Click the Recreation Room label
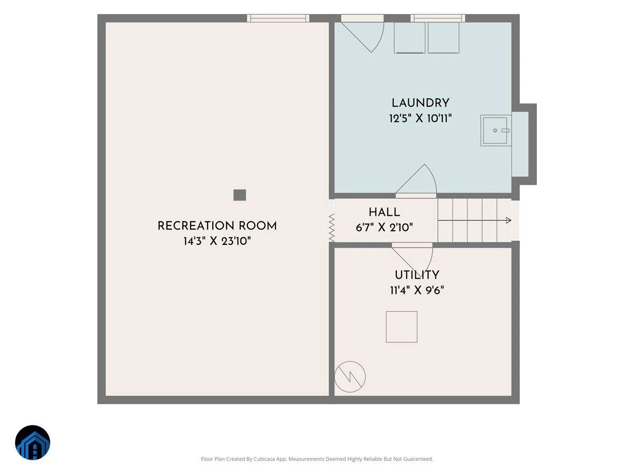(217, 226)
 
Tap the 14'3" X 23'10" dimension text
(217, 241)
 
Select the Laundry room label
(420, 103)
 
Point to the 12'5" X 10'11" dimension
(420, 118)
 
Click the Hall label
(384, 213)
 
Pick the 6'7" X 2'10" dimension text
(384, 227)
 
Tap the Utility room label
(417, 275)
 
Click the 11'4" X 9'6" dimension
(417, 290)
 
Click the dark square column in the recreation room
(239, 195)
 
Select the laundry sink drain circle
(495, 131)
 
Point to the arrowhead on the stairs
(509, 220)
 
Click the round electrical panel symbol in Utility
(350, 377)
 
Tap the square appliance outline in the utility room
(402, 327)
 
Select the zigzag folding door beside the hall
(332, 228)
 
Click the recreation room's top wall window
(278, 18)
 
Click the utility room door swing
(412, 256)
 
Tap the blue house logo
(33, 442)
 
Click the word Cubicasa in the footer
(264, 459)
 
